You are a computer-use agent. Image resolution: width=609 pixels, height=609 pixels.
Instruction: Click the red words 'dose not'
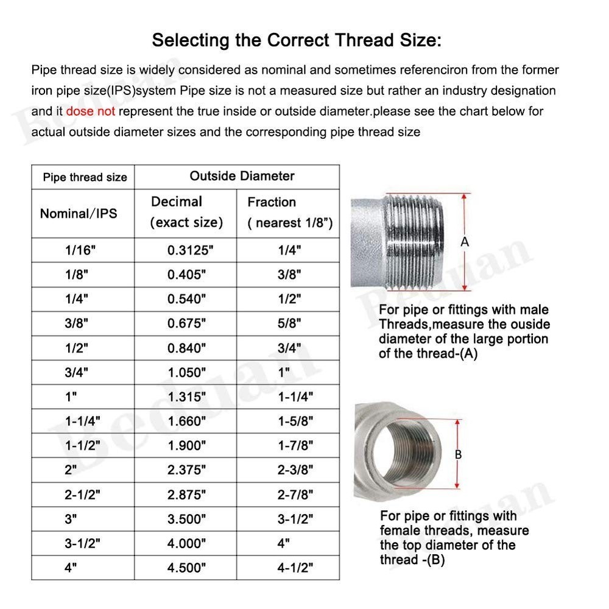91,111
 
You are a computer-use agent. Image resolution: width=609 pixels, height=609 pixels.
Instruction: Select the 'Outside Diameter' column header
242,176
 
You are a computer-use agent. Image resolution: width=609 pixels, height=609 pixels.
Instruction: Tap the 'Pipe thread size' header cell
85,177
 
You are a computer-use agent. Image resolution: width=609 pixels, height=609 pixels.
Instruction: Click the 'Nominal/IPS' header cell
79,213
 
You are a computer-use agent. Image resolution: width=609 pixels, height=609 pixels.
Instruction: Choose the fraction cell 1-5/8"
295,421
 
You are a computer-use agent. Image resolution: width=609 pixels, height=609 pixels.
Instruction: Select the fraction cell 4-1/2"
295,568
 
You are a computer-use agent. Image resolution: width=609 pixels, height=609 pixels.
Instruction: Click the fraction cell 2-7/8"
295,495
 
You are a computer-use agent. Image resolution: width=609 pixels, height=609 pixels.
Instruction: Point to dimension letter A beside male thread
465,242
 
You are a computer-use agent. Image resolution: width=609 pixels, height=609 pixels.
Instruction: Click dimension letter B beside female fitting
458,454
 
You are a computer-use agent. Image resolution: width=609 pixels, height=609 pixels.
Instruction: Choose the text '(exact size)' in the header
186,223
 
